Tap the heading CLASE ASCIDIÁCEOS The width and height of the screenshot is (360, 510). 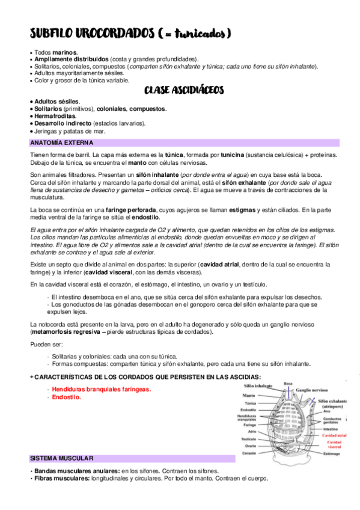point(184,90)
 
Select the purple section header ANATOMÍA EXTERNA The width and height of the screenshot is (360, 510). point(61,143)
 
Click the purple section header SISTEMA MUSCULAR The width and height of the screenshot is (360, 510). point(61,458)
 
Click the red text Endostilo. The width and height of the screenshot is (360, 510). point(66,398)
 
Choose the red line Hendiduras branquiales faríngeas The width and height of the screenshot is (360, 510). point(101,389)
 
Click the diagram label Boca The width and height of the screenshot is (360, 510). point(288,383)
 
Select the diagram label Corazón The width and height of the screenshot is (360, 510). point(249,453)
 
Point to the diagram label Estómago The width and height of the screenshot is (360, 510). point(332,454)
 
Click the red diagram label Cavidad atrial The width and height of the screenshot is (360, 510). point(334,434)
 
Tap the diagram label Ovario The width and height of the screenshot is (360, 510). point(251,446)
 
